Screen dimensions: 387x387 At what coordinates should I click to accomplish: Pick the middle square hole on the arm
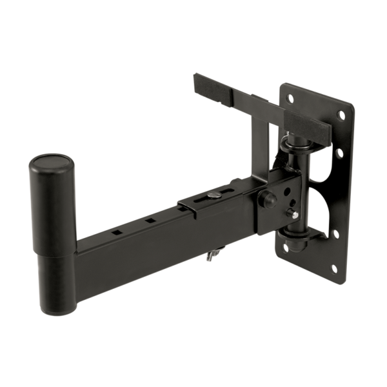point(150,219)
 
